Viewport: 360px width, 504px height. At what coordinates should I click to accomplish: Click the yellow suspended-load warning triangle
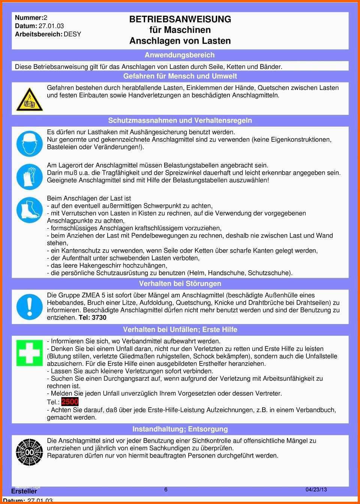click(29, 100)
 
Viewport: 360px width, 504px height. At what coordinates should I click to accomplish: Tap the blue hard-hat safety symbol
click(29, 144)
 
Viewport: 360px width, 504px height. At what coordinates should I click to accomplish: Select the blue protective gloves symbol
click(29, 176)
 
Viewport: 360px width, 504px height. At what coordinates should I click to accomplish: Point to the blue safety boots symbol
click(29, 210)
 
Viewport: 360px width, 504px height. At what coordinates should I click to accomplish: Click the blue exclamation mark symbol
click(29, 307)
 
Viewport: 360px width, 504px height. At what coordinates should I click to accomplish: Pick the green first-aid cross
click(29, 353)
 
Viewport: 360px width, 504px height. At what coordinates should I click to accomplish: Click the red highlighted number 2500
click(70, 402)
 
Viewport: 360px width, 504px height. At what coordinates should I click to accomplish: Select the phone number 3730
click(99, 318)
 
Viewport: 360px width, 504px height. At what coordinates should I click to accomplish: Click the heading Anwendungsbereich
click(180, 55)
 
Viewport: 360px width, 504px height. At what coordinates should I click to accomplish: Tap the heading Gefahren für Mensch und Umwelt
click(180, 76)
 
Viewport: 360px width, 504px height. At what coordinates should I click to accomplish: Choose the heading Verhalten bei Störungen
click(180, 283)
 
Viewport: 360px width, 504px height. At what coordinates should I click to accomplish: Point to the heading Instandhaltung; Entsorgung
click(180, 429)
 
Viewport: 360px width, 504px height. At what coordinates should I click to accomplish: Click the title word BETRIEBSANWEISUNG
click(180, 19)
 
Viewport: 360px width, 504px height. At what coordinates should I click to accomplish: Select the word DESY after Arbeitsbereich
click(72, 34)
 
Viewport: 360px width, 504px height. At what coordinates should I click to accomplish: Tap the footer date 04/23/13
click(316, 489)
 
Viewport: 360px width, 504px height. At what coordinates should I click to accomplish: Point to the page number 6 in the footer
click(166, 489)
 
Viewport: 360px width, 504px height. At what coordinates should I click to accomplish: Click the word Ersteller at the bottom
click(24, 491)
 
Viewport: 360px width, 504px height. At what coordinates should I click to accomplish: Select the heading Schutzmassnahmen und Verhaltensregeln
click(180, 120)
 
